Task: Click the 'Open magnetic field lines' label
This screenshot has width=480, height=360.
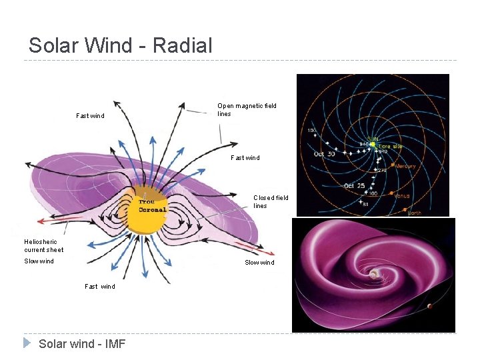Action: click(247, 109)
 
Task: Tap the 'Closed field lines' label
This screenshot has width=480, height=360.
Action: click(271, 201)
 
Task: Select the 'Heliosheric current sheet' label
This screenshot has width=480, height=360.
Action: click(43, 245)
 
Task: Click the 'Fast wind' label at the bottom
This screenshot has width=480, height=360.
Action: click(100, 286)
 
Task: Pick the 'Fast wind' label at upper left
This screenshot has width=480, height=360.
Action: click(90, 115)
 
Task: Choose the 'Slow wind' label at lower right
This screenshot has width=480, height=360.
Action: click(259, 262)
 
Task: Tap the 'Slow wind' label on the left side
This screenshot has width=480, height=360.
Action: click(39, 261)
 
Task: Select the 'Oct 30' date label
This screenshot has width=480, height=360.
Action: click(327, 154)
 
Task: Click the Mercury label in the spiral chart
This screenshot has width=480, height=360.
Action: click(405, 166)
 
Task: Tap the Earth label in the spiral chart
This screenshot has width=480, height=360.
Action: click(415, 213)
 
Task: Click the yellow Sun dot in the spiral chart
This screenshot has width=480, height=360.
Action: click(373, 143)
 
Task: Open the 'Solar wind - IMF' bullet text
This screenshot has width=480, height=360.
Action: click(82, 344)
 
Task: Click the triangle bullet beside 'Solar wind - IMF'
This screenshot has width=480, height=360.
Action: click(27, 343)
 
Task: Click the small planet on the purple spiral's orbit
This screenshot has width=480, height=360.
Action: click(429, 307)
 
